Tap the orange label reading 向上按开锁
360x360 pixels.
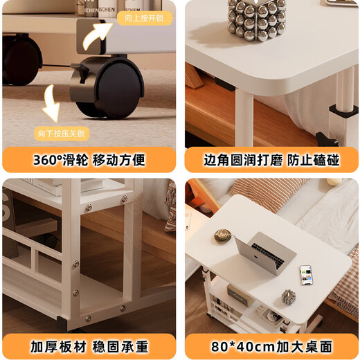144,19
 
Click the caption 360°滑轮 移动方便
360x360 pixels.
89,160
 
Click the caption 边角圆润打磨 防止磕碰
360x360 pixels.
271,160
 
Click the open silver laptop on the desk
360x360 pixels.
267,253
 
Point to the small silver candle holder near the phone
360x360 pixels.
288,296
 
